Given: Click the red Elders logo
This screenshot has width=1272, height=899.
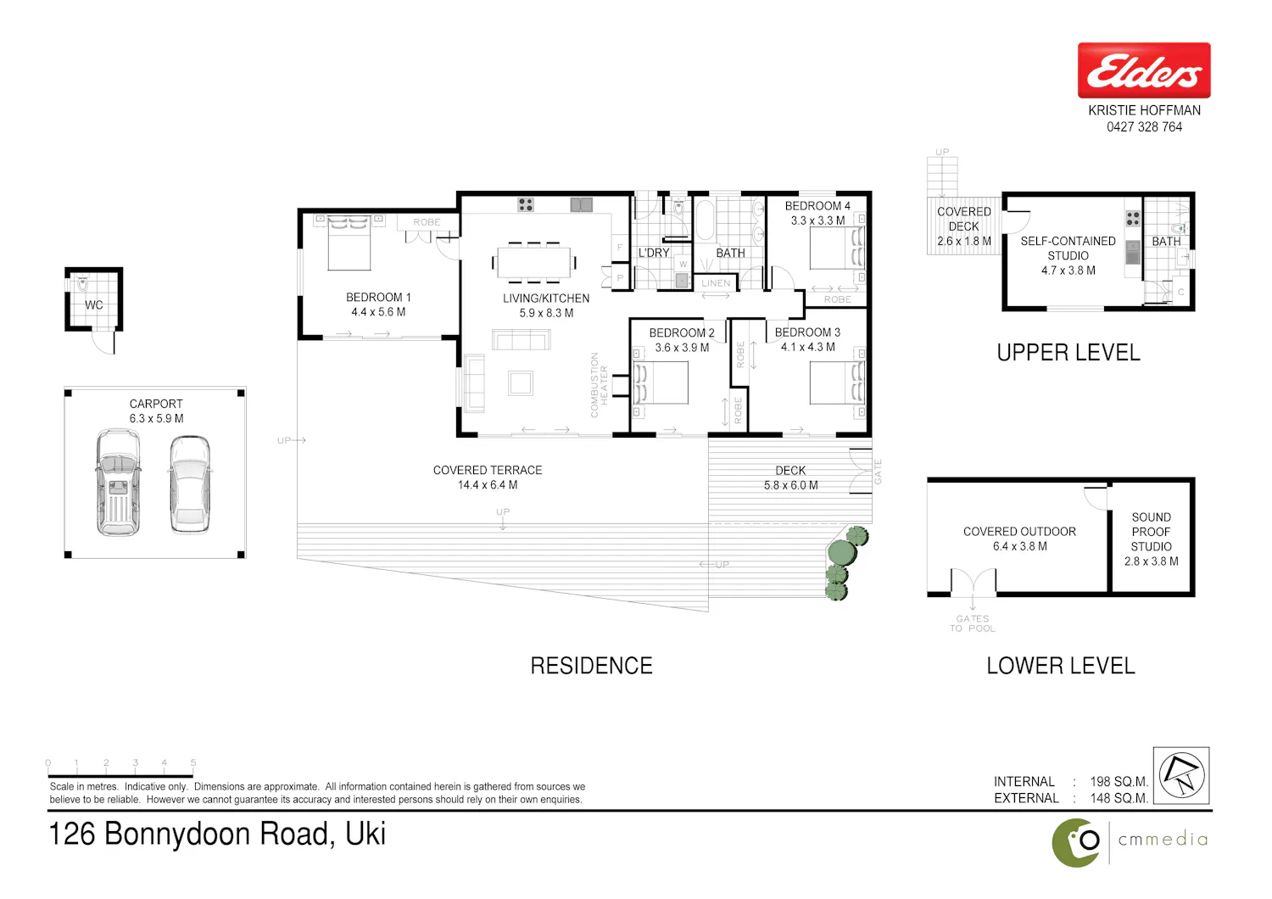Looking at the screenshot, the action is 1144,70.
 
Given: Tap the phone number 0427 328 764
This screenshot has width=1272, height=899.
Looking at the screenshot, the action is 1144,127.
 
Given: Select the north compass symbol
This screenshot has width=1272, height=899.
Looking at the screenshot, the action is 1181,775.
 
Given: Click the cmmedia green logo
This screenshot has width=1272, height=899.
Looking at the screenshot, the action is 1076,843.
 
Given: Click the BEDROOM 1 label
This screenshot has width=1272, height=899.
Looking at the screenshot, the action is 378,297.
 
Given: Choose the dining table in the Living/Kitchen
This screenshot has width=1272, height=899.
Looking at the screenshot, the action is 533,262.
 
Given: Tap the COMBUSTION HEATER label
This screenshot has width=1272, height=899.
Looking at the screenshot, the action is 599,385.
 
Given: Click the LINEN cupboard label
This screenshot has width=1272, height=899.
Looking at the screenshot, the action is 716,282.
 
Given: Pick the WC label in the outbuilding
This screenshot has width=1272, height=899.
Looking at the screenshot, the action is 93,305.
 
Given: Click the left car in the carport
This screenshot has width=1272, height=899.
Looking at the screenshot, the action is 118,483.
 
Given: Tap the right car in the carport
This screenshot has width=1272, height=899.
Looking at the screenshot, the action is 190,484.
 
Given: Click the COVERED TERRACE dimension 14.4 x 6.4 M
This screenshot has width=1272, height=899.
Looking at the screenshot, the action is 488,485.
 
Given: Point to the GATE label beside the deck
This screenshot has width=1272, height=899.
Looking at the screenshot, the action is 878,472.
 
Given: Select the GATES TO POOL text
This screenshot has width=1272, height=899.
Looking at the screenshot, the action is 972,623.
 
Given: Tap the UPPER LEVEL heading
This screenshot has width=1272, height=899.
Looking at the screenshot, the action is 1068,353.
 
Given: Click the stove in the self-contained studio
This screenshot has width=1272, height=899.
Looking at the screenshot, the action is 1133,219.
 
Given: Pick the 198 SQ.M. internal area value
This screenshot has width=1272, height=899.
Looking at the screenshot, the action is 1119,781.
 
